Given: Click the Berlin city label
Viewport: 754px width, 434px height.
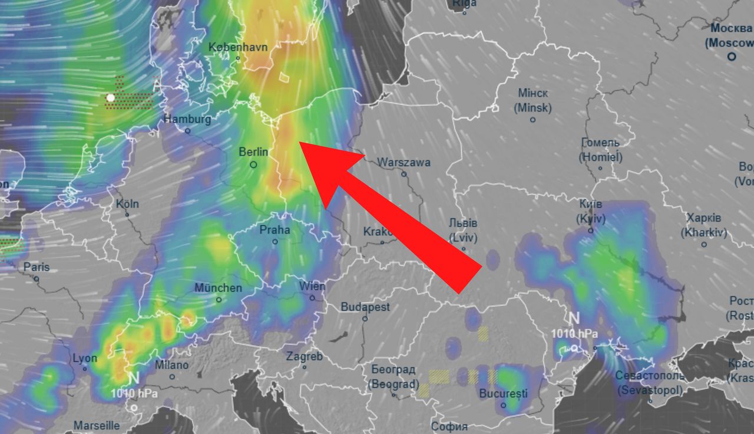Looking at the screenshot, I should click(x=253, y=152).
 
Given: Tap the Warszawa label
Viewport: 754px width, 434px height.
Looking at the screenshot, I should click(x=404, y=162).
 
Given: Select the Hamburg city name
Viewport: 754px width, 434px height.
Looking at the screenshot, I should click(x=187, y=119).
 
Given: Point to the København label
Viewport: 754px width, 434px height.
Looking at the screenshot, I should click(x=238, y=47).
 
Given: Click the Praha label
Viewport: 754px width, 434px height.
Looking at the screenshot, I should click(x=275, y=230).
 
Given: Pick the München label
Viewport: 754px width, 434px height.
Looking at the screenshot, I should click(x=218, y=288).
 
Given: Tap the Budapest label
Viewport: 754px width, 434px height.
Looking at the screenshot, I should click(x=365, y=307).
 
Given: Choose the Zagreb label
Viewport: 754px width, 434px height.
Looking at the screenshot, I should click(x=305, y=356).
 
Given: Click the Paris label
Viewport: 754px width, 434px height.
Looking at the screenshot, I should click(x=37, y=267).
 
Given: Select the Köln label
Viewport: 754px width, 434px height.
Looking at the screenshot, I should click(x=127, y=203).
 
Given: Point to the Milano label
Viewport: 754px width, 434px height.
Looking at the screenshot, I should click(x=171, y=365).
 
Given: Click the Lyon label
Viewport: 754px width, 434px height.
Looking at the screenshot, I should click(x=85, y=358).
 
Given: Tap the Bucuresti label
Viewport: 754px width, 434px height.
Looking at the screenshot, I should click(x=503, y=393).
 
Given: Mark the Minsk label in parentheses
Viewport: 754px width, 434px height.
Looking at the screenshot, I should click(x=533, y=108).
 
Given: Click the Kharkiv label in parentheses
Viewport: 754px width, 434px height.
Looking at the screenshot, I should click(x=704, y=233).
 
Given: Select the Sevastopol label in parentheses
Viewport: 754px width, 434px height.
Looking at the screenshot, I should click(x=650, y=390).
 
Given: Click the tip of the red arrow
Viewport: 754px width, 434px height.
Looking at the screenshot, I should click(x=299, y=142).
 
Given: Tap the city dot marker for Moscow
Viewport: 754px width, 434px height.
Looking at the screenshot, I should click(x=732, y=57).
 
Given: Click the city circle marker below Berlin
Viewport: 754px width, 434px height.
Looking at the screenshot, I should click(x=254, y=165).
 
